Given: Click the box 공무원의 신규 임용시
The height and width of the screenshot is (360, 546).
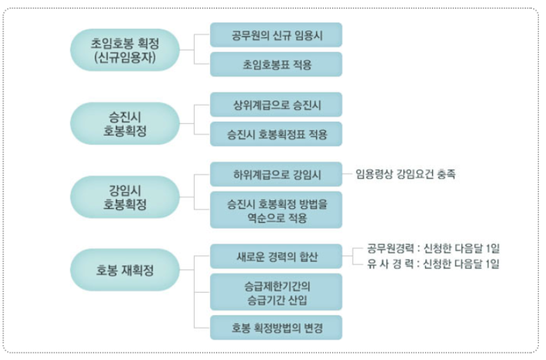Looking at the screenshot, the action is click(277, 35).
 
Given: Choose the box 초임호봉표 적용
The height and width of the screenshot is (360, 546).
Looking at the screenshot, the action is click(277, 65).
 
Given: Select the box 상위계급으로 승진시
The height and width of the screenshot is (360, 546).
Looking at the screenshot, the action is click(277, 104).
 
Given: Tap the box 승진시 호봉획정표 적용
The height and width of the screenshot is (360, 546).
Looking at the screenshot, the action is click(277, 134).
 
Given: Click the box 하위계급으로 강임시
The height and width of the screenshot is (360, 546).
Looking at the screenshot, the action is click(277, 174).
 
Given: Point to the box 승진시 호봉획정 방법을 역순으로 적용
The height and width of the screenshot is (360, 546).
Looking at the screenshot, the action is click(277, 210).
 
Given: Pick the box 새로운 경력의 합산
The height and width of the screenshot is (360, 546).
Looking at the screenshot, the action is click(277, 257).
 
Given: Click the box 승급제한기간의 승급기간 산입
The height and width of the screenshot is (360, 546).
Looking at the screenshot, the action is click(277, 292).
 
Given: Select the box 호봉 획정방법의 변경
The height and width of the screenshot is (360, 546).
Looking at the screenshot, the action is click(277, 327).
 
